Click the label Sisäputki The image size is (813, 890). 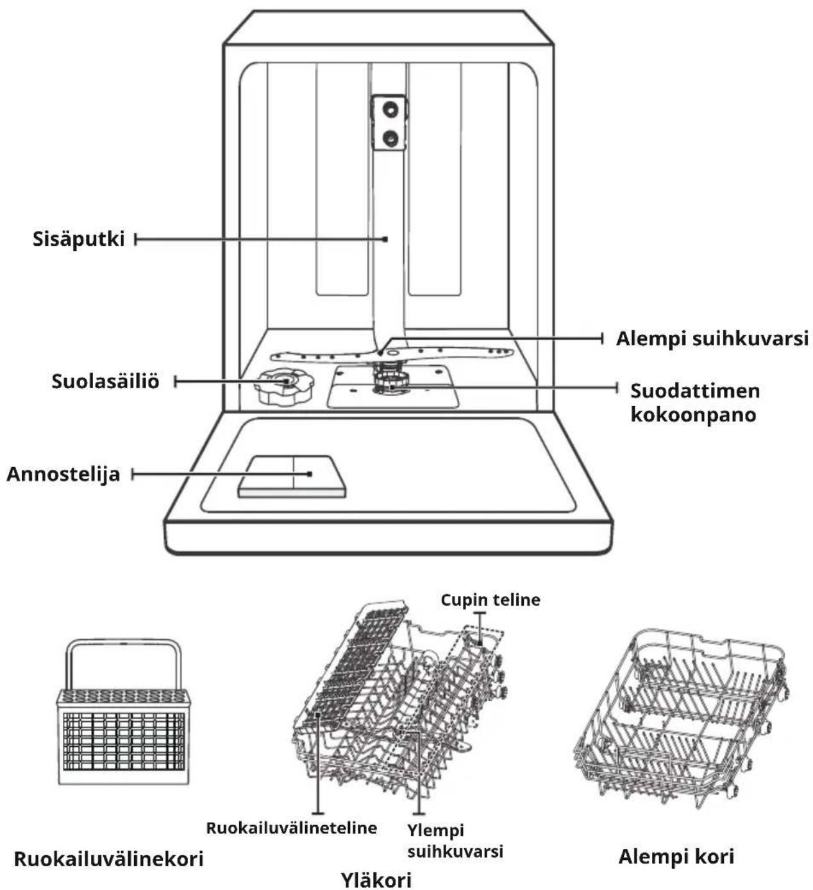(78, 239)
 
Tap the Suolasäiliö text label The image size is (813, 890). (105, 382)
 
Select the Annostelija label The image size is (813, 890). (63, 474)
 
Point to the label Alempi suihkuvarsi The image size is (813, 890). (712, 339)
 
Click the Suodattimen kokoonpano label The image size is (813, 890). (695, 403)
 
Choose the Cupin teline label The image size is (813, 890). (490, 600)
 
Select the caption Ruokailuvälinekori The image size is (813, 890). (108, 859)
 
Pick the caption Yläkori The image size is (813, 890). (376, 879)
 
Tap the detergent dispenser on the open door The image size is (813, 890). (292, 477)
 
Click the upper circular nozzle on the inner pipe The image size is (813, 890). (390, 108)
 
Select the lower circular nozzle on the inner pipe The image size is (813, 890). (390, 138)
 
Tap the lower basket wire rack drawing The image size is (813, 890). (681, 718)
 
